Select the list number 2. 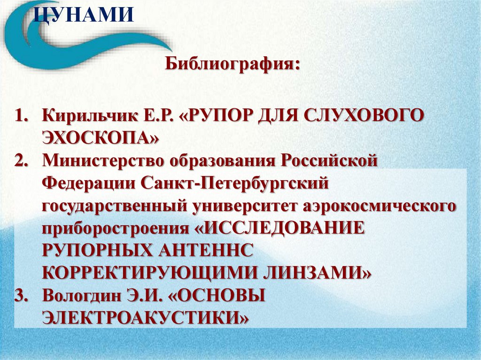pyautogui.click(x=22, y=161)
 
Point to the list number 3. pyautogui.click(x=22, y=296)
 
